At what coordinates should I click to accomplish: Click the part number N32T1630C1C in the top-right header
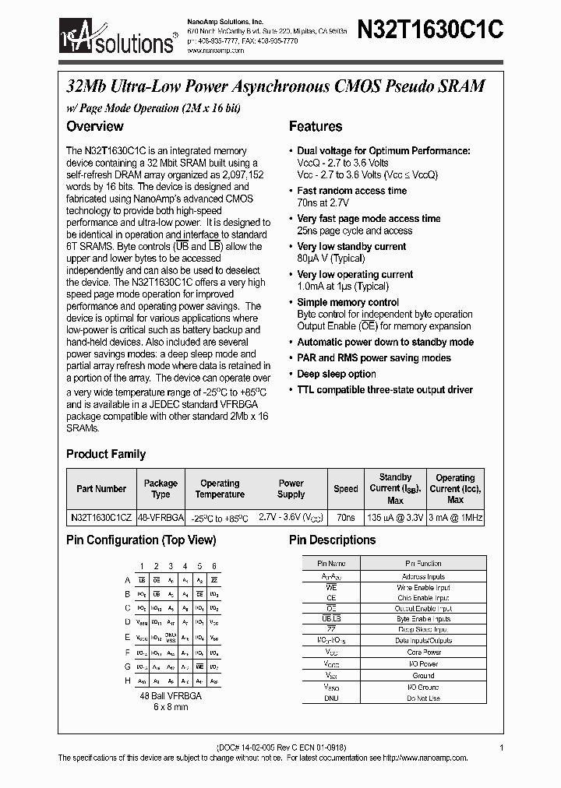430,30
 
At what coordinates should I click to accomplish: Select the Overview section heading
95,126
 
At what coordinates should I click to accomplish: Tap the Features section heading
316,126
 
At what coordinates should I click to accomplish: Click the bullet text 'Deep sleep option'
337,374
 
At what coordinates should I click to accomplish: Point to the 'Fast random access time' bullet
351,191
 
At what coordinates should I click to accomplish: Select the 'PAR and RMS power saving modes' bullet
374,358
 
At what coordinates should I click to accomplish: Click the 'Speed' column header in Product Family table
346,489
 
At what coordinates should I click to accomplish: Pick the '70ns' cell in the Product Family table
346,517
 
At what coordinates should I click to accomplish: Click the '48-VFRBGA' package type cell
161,517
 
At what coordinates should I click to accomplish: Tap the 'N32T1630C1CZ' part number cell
101,517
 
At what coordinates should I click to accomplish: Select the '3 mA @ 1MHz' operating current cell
455,517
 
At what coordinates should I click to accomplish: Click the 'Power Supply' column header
291,488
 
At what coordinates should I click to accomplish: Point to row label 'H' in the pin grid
128,681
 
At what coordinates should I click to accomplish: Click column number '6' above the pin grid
213,566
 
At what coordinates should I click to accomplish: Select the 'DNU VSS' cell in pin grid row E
171,637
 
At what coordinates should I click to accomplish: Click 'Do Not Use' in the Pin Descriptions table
423,698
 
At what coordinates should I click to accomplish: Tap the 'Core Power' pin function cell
423,653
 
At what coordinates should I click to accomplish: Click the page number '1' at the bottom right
502,748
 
